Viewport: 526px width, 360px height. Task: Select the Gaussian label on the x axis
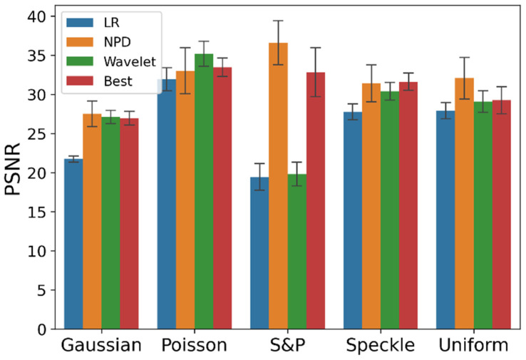pos(100,346)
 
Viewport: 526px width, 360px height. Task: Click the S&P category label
pos(287,346)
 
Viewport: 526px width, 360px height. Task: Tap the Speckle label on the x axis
pos(380,346)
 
